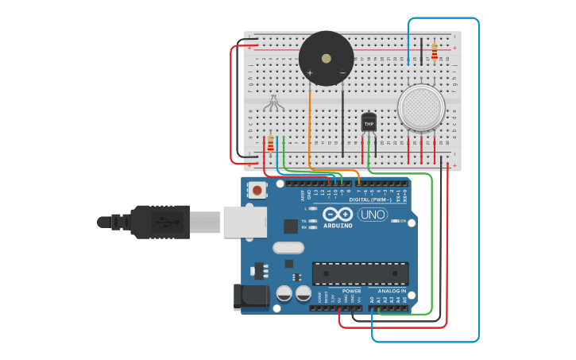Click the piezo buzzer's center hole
pyautogui.click(x=326, y=58)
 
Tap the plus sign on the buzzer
pyautogui.click(x=310, y=73)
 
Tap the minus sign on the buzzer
pyautogui.click(x=342, y=73)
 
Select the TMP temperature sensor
pyautogui.click(x=369, y=122)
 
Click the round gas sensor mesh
pyautogui.click(x=421, y=107)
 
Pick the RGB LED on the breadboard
pyautogui.click(x=273, y=103)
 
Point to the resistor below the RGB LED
pyautogui.click(x=271, y=144)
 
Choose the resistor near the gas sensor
pyautogui.click(x=435, y=52)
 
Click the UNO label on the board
pyautogui.click(x=372, y=215)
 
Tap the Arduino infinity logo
pyautogui.click(x=338, y=215)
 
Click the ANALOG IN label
pyautogui.click(x=391, y=292)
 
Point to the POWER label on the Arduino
pyautogui.click(x=351, y=292)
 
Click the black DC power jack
pyautogui.click(x=249, y=296)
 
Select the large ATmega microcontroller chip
pyautogui.click(x=360, y=273)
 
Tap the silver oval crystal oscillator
pyautogui.click(x=288, y=247)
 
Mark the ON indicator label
pyautogui.click(x=403, y=221)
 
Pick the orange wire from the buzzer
pyautogui.click(x=309, y=127)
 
